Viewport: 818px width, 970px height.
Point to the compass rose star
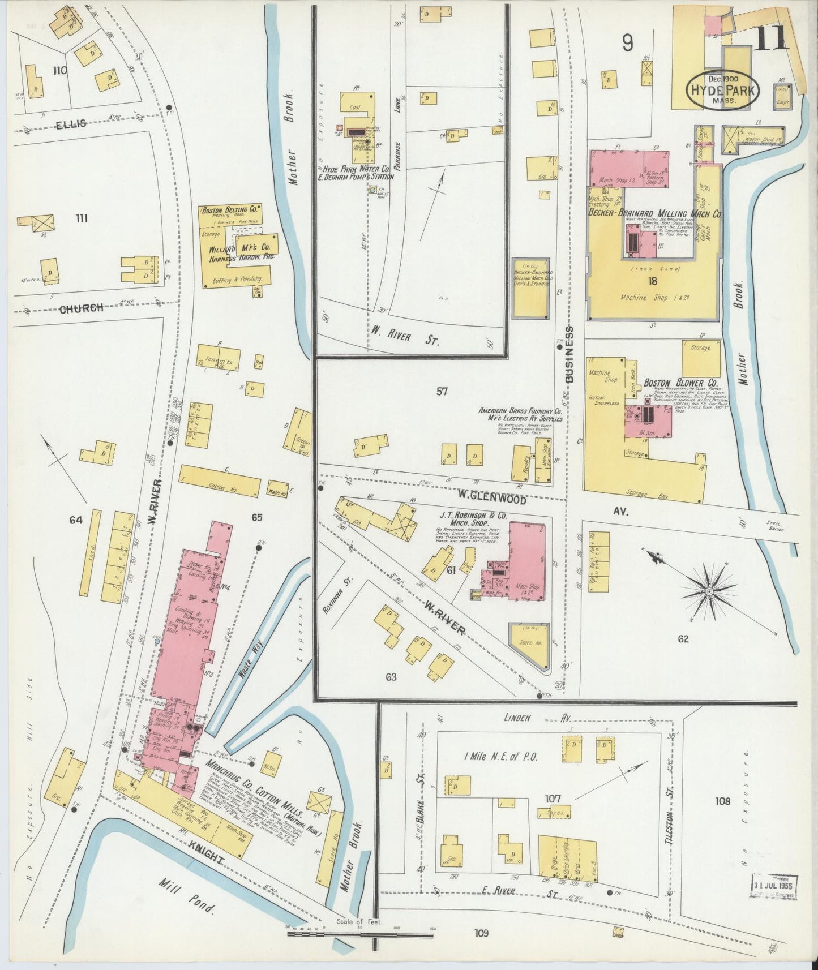[x=708, y=592]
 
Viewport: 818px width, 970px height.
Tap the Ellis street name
[x=71, y=123]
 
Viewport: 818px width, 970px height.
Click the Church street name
[x=82, y=308]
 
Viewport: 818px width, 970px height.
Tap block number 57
[x=442, y=391]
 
